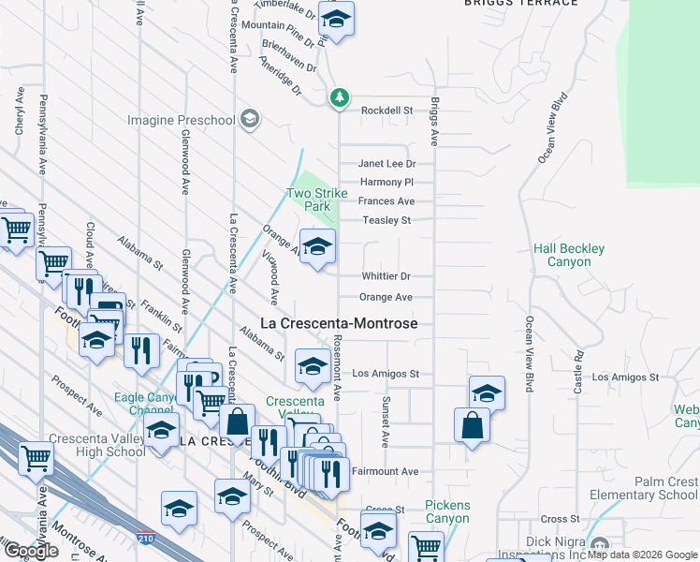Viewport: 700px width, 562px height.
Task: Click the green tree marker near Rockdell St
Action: coord(339,96)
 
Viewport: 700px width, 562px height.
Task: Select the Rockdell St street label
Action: coord(386,111)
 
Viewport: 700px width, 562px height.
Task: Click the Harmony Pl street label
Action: coord(386,182)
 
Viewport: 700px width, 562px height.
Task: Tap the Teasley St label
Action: coord(387,220)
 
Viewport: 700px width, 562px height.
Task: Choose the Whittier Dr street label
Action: coord(386,276)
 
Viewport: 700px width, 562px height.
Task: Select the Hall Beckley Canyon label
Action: coord(569,255)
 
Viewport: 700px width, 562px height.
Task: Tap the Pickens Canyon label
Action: coord(447,511)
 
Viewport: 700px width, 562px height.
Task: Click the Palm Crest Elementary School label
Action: coord(651,488)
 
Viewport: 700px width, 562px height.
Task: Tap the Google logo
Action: coord(30,551)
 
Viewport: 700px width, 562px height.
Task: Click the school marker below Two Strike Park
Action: coord(317,247)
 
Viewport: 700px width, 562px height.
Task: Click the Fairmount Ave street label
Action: coord(385,471)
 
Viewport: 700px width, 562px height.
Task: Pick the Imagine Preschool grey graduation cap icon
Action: coord(249,119)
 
